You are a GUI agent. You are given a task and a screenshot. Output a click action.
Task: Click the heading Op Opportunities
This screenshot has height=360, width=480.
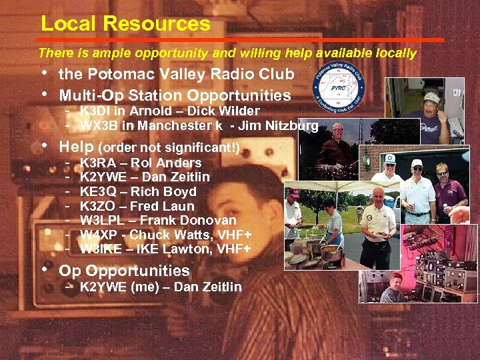pos(125,271)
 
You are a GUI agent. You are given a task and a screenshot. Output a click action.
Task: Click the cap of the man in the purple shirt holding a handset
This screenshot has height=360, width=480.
pos(431,97)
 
